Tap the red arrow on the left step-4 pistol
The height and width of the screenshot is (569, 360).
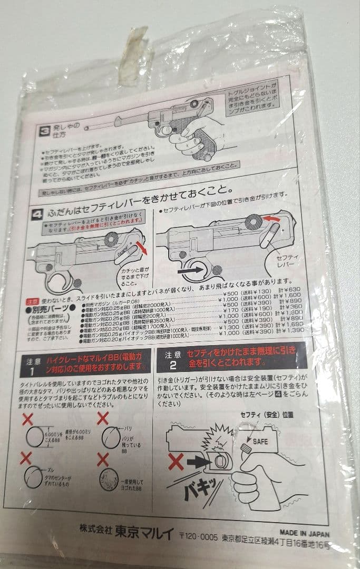(x=141, y=246)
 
